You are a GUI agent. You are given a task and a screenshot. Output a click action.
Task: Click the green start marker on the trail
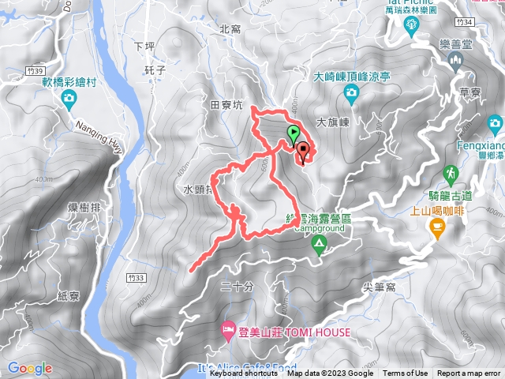coord(294,132)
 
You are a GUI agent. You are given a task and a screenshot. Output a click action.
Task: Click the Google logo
coord(30,368)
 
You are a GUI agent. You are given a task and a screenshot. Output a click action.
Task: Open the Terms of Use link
coord(406,373)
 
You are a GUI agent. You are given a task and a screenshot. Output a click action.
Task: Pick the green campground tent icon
coord(319,244)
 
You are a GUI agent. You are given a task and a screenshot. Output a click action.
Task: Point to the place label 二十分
coord(237,287)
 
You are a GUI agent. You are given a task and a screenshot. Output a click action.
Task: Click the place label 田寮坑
coord(226,104)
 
